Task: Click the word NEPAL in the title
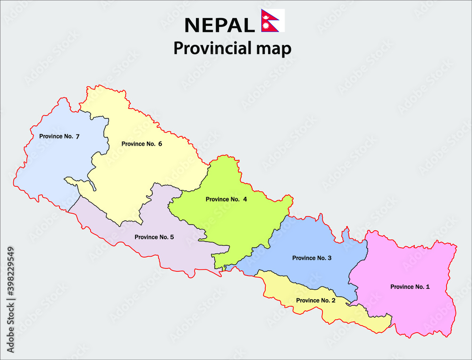(x=219, y=25)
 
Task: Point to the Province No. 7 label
(x=59, y=136)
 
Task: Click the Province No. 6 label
(x=142, y=144)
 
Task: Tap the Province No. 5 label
(x=154, y=237)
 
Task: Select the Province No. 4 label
(x=226, y=199)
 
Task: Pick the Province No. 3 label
(x=312, y=258)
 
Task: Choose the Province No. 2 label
(x=316, y=300)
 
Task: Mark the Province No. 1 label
(x=410, y=286)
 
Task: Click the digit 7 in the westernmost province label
(x=77, y=136)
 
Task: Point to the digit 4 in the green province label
(x=245, y=199)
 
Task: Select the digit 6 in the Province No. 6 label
(x=160, y=144)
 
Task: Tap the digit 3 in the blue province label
(x=329, y=258)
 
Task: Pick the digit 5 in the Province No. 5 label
(x=172, y=237)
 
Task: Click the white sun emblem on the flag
(x=266, y=25)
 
